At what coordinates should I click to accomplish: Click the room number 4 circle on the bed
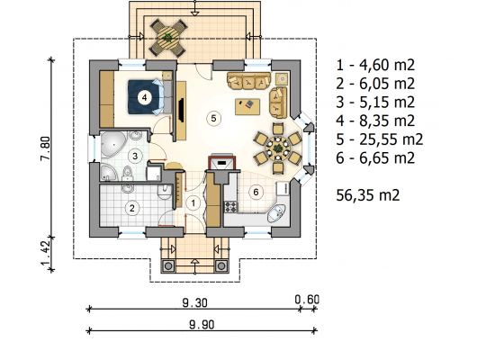point(144,97)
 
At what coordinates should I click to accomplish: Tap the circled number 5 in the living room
point(213,119)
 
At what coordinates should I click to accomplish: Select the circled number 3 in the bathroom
point(135,156)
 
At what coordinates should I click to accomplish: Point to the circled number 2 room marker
point(132,208)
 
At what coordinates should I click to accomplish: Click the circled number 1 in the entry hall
point(193,203)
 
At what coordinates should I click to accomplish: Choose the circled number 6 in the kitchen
point(256,192)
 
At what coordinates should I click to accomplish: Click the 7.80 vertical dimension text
point(46,148)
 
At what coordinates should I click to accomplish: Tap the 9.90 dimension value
point(202,324)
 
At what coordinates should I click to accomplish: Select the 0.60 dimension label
point(307,299)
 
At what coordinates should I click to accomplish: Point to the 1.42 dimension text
point(46,253)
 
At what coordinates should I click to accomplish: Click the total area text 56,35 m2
point(368,195)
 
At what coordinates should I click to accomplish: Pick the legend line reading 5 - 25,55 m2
point(379,139)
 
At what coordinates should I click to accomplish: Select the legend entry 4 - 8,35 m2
point(375,121)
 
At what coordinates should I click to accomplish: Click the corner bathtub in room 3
point(113,145)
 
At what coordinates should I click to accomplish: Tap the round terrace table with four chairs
point(168,38)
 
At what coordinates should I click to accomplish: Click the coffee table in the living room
point(247,107)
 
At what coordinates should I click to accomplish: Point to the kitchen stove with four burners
point(230,207)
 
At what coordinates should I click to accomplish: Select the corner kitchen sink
point(276,213)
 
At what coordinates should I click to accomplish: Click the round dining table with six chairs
point(278,148)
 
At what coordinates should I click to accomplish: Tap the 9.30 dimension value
point(194,302)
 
